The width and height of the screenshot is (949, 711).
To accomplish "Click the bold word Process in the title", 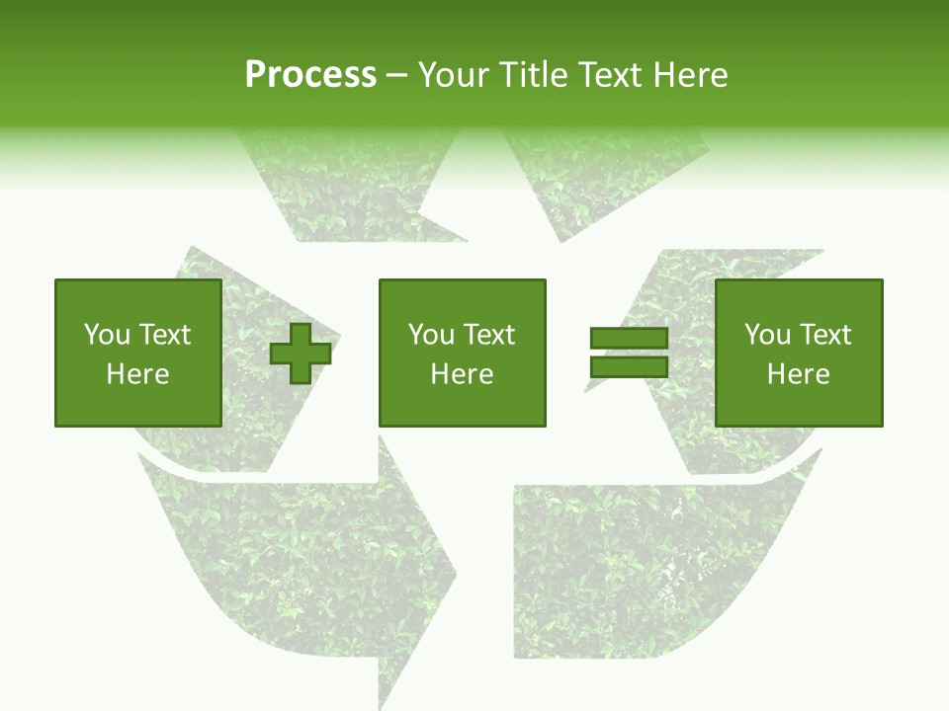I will (x=310, y=75).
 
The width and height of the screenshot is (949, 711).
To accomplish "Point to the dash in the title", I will (x=396, y=76).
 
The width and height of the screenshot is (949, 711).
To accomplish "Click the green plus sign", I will (x=301, y=354).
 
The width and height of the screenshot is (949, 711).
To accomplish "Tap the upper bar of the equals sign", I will (x=629, y=339).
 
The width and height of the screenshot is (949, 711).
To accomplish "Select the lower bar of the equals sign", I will (x=629, y=367).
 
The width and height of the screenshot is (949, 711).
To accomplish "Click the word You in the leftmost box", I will (x=107, y=335).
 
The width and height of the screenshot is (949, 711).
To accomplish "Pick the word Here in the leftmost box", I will (x=137, y=374).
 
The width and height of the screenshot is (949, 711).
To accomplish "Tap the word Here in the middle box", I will (x=462, y=374).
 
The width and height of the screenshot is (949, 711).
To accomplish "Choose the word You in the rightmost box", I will (x=767, y=335).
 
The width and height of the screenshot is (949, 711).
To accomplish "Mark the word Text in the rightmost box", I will (x=824, y=335).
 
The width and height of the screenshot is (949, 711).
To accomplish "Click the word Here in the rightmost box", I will (x=798, y=374).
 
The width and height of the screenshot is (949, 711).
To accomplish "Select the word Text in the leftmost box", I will (x=164, y=335).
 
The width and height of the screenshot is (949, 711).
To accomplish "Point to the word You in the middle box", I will (x=431, y=335).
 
